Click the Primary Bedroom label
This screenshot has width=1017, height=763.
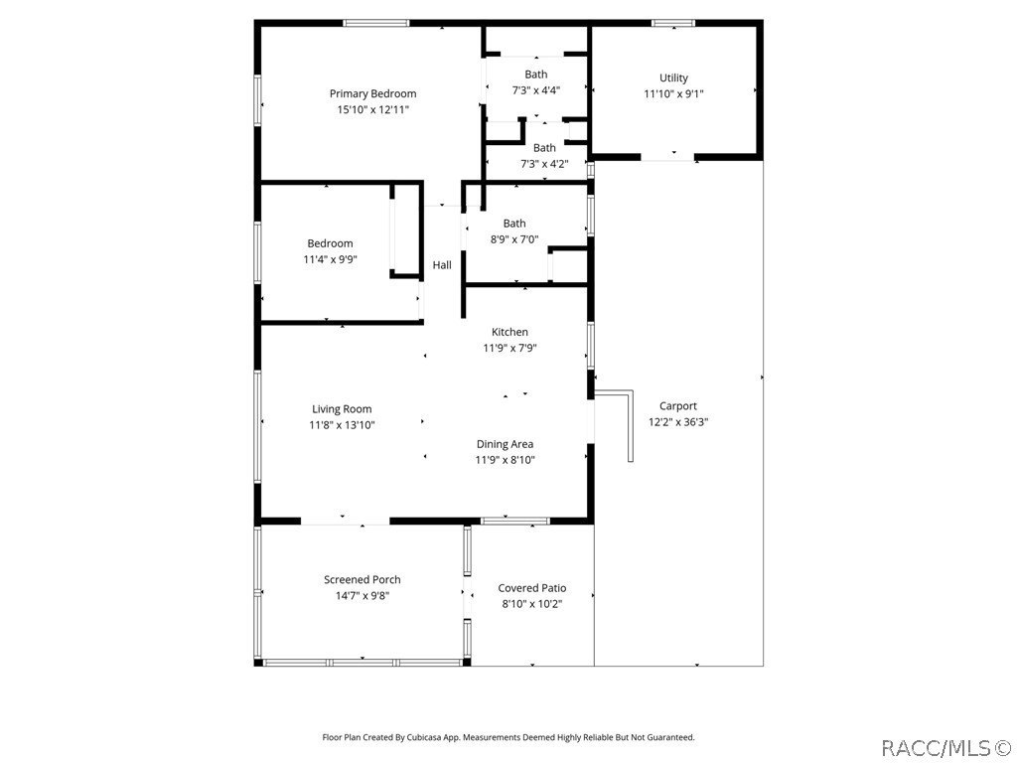click(372, 93)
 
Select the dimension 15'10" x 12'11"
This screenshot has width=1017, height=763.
click(372, 109)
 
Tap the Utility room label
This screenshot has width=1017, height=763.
click(673, 77)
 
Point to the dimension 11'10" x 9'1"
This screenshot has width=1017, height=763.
click(673, 93)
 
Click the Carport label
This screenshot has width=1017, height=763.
click(678, 405)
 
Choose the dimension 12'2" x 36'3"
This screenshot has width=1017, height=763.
click(678, 421)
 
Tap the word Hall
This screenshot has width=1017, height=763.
click(442, 265)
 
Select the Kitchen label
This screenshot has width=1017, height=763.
click(509, 332)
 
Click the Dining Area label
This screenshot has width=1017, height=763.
click(505, 444)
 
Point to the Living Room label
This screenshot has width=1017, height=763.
click(342, 408)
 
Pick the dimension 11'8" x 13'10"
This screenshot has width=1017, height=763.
click(342, 424)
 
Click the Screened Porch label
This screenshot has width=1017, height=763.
click(363, 579)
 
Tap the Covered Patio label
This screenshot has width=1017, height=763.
click(532, 588)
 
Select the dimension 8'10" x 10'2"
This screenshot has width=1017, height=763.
click(532, 604)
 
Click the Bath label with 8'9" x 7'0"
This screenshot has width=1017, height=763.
click(514, 224)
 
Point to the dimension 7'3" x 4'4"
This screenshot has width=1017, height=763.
click(535, 89)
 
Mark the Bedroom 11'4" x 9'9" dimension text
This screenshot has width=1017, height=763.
click(330, 259)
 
